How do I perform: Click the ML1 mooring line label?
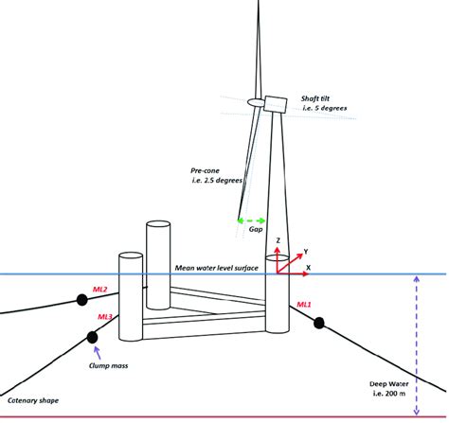click(x=303, y=305)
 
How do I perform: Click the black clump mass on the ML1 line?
click(x=320, y=324)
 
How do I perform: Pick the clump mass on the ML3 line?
click(x=93, y=337)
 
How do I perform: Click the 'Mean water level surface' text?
click(x=219, y=268)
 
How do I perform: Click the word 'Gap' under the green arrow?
click(x=254, y=229)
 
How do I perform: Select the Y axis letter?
click(x=303, y=253)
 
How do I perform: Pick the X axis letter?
click(x=309, y=269)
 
